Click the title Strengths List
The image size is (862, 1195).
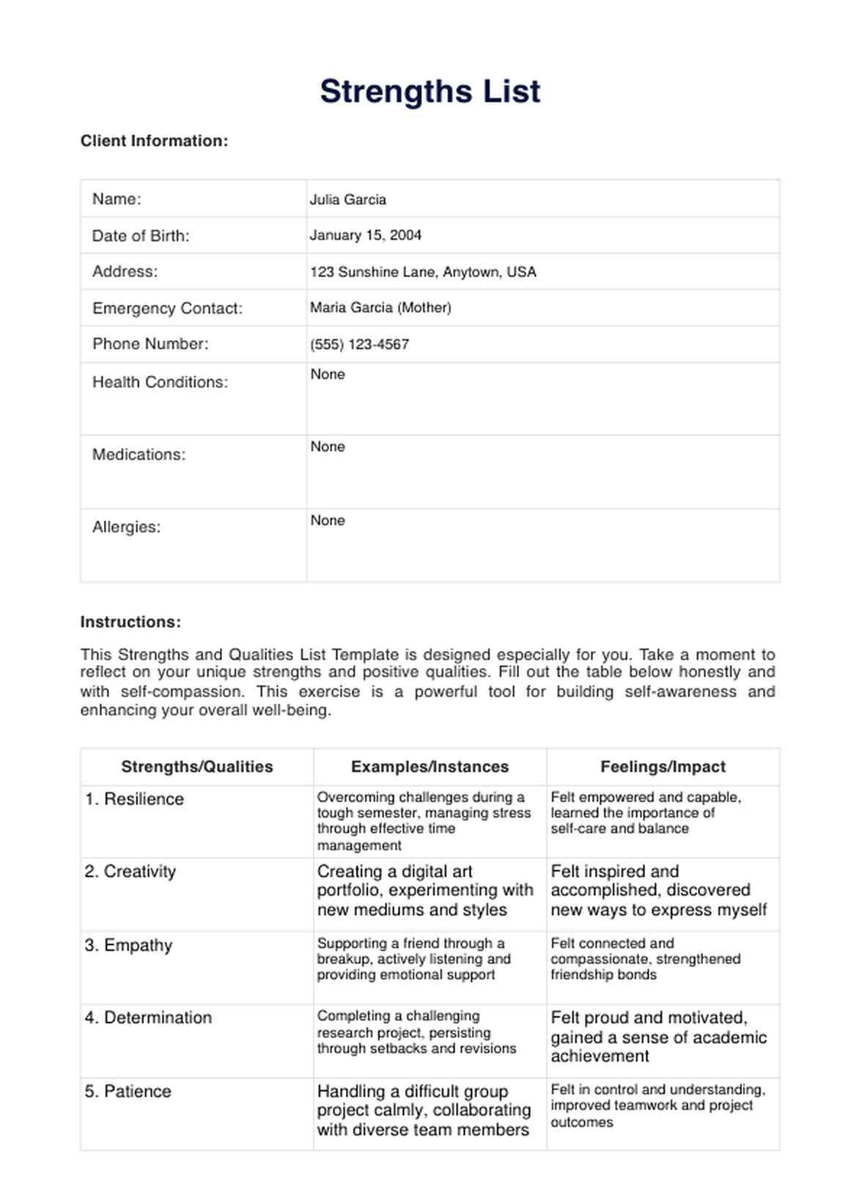[x=430, y=92]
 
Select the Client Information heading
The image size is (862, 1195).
[x=154, y=141]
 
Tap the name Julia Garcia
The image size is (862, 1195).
[x=347, y=199]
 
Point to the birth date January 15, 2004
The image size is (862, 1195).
[x=365, y=235]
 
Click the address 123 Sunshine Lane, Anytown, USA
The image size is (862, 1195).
[x=423, y=272]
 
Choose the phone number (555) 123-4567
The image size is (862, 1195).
[x=359, y=345]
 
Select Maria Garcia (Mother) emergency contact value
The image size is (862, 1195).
[x=380, y=308]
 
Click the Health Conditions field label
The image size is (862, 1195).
[x=160, y=382]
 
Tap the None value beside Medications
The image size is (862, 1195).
[x=327, y=447]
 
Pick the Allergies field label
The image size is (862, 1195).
[x=126, y=527]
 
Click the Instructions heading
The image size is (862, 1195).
[x=130, y=622]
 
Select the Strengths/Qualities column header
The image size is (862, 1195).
[x=196, y=767]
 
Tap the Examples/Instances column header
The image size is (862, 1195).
[x=430, y=767]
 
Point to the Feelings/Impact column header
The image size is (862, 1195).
[x=663, y=767]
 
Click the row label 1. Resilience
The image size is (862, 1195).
[x=134, y=799]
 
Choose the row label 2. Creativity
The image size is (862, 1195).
[x=130, y=872]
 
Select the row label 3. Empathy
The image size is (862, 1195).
[x=128, y=945]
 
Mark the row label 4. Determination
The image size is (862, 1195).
[x=148, y=1018]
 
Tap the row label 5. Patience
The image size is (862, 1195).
[x=128, y=1092]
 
